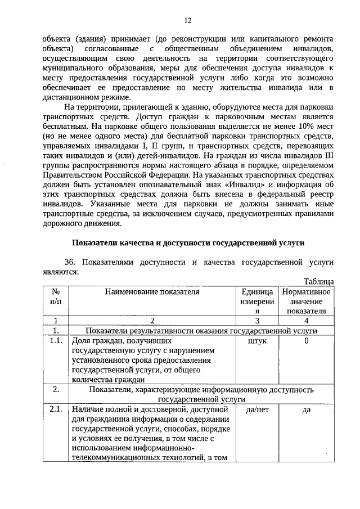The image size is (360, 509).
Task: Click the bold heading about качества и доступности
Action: (188, 243)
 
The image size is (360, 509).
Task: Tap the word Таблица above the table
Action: (318, 281)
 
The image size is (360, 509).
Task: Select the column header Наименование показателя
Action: (151, 291)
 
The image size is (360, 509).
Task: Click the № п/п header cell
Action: (56, 296)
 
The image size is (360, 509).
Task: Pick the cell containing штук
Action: (257, 341)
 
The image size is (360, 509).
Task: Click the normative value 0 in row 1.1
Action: (307, 341)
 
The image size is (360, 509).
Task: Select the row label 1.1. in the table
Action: (56, 341)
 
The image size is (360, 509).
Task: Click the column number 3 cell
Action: (257, 321)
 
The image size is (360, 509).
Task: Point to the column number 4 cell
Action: (307, 321)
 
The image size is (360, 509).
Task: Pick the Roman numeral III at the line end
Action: (328, 155)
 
